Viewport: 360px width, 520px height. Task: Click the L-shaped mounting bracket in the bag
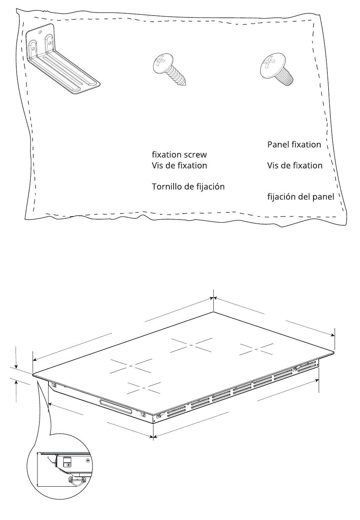(61, 61)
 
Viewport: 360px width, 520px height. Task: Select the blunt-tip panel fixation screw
(277, 68)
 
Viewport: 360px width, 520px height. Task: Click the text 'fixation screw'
(179, 155)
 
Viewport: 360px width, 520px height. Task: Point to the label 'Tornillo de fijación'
(188, 187)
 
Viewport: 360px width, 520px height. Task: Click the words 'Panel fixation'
(294, 145)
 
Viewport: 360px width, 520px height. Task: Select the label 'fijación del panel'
(301, 197)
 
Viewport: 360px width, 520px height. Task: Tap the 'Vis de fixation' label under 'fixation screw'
(179, 166)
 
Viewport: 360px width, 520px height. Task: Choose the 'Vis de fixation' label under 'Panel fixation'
(294, 166)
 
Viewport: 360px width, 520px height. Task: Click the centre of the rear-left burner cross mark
(191, 345)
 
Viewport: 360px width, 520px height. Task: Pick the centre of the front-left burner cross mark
(130, 366)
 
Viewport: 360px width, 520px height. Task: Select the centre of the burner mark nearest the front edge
(144, 388)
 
